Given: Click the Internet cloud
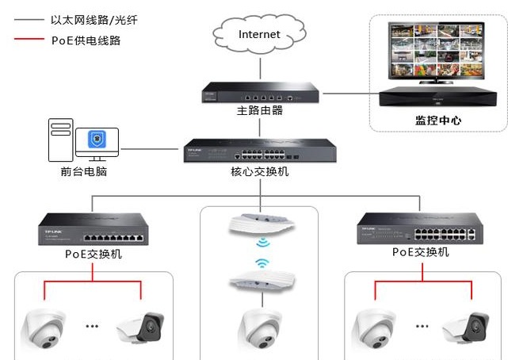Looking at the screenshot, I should [259, 34].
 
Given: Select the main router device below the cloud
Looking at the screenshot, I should [260, 94].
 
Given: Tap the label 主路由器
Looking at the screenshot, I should [260, 111].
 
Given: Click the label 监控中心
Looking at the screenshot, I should [438, 121].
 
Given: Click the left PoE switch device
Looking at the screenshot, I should [94, 231].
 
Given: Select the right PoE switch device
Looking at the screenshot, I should [420, 229].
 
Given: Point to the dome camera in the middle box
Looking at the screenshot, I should [260, 327].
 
